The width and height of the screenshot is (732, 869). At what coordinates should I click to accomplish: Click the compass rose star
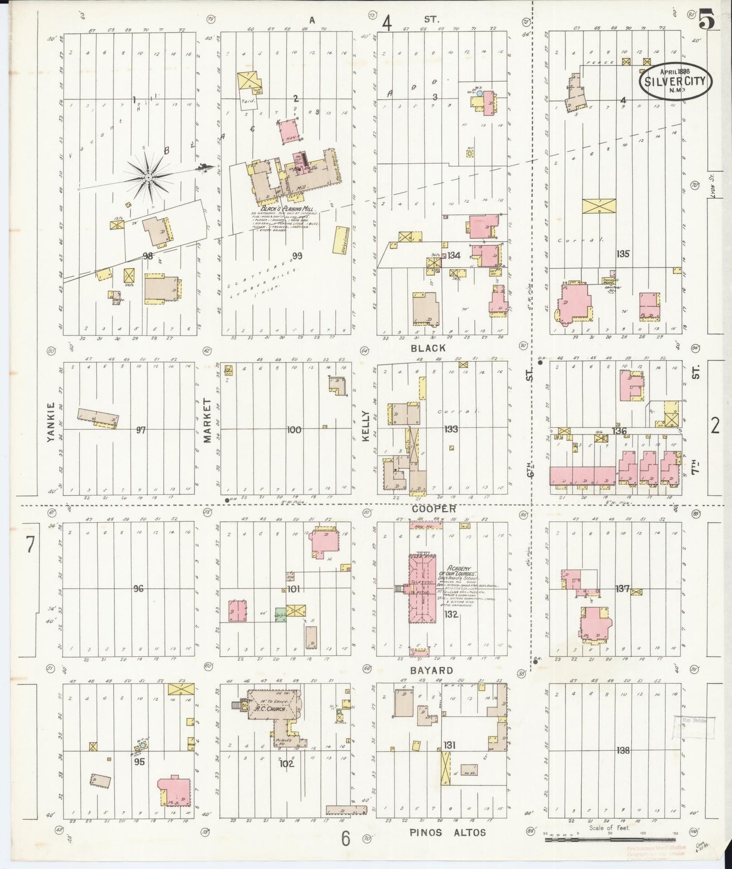tap(147, 177)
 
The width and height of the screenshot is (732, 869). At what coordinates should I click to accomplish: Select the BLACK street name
tap(429, 348)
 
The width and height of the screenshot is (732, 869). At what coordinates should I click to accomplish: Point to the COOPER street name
tap(434, 509)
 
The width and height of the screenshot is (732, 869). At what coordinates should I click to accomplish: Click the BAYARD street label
tap(432, 670)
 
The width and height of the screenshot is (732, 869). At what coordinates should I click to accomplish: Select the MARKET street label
tap(207, 420)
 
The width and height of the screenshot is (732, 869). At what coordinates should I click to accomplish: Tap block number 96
tap(138, 589)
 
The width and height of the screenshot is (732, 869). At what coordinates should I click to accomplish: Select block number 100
tap(294, 430)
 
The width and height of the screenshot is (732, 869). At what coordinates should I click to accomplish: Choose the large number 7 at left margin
tap(30, 545)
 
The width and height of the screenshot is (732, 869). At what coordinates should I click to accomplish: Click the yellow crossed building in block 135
tap(599, 205)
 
